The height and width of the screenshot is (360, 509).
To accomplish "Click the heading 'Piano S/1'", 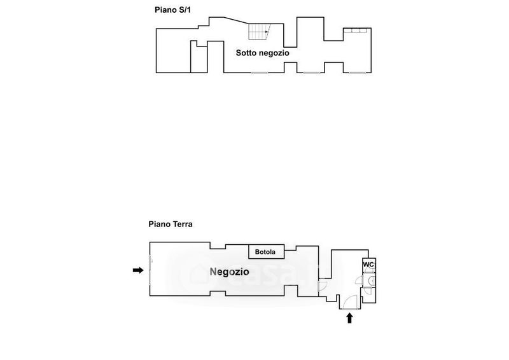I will pyautogui.click(x=173, y=10).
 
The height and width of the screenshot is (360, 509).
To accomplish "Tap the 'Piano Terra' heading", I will pyautogui.click(x=171, y=224).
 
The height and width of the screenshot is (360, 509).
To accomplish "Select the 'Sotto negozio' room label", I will pyautogui.click(x=263, y=53).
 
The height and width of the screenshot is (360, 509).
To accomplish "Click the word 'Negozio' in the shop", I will pyautogui.click(x=229, y=272).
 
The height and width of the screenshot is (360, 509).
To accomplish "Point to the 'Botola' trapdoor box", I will pyautogui.click(x=265, y=252).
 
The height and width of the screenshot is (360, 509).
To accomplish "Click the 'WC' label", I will pyautogui.click(x=368, y=265).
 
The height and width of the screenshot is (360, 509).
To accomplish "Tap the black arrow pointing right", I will pyautogui.click(x=137, y=270).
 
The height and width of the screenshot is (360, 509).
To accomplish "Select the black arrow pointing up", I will pyautogui.click(x=349, y=317).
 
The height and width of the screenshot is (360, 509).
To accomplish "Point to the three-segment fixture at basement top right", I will pyautogui.click(x=354, y=31).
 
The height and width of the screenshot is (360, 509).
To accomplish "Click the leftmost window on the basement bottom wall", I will pyautogui.click(x=259, y=73).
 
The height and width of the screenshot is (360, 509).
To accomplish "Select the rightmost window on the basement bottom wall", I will pyautogui.click(x=358, y=73).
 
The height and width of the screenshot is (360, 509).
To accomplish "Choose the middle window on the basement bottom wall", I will pyautogui.click(x=310, y=73).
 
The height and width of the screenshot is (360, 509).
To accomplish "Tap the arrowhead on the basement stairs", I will pyautogui.click(x=266, y=31).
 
